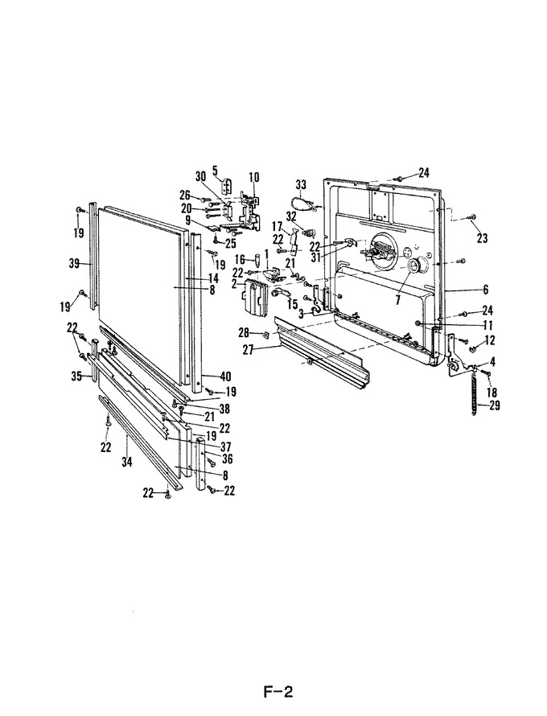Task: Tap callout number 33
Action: tap(302, 185)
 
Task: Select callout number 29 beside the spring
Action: tap(495, 405)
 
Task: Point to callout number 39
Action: tap(74, 264)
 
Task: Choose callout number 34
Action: tap(126, 462)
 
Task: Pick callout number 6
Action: tap(485, 289)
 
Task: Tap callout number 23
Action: tap(482, 238)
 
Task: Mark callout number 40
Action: tap(225, 377)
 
